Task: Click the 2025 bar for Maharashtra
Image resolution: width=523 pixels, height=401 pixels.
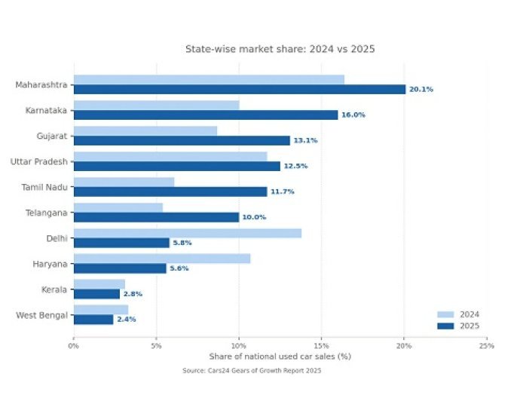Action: pos(239,89)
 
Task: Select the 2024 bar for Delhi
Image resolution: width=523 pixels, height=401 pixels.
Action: pos(187,233)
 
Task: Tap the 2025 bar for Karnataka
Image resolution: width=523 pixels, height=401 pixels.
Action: pos(205,115)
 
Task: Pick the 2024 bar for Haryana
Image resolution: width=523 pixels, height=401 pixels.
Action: pos(161,259)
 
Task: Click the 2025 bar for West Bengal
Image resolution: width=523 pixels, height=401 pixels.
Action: pos(93,320)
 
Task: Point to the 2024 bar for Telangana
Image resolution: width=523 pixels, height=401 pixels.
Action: pos(118,207)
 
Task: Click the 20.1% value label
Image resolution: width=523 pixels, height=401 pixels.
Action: pos(421,89)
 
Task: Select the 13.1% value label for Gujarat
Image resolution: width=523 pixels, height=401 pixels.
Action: pos(305,140)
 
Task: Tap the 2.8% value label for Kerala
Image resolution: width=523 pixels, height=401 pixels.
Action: pos(133,294)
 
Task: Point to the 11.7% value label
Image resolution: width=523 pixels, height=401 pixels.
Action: pos(282,191)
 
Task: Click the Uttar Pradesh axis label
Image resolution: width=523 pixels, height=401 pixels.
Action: pos(38,161)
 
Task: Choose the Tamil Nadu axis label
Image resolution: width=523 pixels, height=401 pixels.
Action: pos(44,187)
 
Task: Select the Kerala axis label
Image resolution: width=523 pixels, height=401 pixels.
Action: pos(54,289)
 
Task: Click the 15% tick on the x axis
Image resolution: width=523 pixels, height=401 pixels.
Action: pos(321,346)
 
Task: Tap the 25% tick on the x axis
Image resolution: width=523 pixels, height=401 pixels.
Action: pos(486,346)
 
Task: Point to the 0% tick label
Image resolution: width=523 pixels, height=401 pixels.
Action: pos(73,346)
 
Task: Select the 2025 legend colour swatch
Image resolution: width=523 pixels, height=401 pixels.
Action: pos(445,326)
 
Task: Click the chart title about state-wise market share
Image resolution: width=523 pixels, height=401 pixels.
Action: pos(280,49)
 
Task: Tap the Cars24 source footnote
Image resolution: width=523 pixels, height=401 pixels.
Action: pos(252,371)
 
